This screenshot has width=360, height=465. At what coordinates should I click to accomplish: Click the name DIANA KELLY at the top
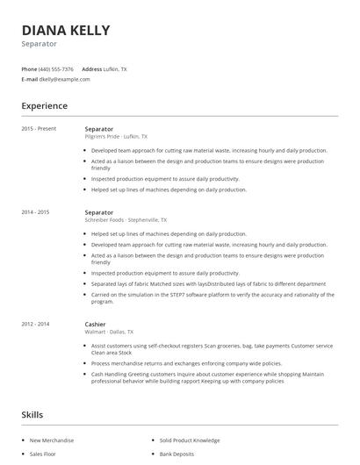coord(66,30)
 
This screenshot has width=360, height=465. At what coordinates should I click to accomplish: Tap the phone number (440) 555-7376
coord(57,68)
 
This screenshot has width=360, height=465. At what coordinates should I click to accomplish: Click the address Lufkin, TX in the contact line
coord(115,68)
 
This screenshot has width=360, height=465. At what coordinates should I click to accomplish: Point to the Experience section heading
coord(44,106)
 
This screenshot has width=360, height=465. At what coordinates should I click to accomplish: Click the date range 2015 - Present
coord(39,129)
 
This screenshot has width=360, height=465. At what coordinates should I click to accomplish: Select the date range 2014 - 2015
coord(36,212)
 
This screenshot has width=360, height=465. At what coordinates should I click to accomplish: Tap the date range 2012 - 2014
coord(36,325)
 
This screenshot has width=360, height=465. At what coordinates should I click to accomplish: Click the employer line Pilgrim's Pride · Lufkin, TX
coord(116,137)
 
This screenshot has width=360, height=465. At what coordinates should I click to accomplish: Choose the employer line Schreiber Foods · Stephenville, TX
coord(126,220)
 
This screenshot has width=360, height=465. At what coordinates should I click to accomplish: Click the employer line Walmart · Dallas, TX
coord(109,333)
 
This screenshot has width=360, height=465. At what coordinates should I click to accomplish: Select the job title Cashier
coord(97,325)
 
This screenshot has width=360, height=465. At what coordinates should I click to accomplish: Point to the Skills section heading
coord(33,413)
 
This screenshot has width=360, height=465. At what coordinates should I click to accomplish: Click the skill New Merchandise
coord(52,440)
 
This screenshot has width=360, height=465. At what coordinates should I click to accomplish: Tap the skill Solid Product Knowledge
coord(190,440)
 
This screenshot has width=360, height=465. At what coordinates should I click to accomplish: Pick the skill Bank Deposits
coord(177,455)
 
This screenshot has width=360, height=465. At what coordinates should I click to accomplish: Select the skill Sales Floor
coord(43,455)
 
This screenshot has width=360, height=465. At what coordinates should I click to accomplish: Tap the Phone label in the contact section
coord(29,68)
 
